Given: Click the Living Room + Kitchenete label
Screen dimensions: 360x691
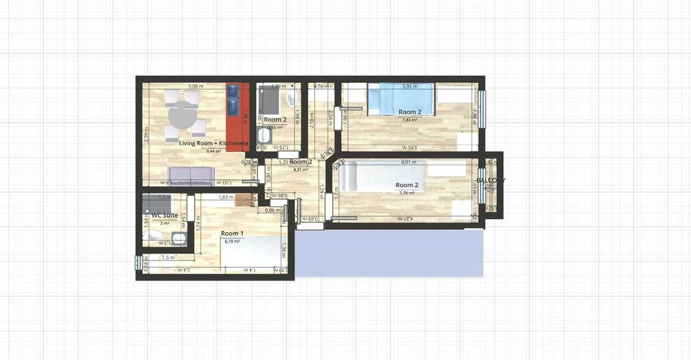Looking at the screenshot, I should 213,143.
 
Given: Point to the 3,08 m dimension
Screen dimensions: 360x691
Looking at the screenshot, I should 197,86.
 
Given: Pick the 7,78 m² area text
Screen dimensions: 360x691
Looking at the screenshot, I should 406,193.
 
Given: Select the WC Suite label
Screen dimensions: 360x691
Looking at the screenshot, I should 165,216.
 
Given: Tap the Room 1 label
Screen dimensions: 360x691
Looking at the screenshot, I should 231,234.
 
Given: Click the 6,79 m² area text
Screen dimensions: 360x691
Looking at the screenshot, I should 231,241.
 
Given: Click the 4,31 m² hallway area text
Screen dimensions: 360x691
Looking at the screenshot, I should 301,169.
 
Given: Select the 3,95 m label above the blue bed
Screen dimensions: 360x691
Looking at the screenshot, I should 411,86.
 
